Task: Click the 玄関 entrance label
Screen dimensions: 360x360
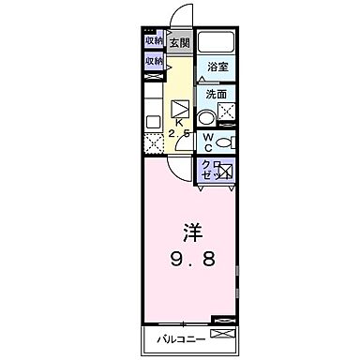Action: pos(179,44)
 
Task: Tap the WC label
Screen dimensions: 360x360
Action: pos(205,141)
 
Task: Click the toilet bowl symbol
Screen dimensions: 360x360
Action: pos(225,142)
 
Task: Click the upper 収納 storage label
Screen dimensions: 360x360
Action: pos(154,41)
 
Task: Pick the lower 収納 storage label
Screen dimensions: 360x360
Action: pos(154,61)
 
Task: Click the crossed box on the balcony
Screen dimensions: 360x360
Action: pos(220,334)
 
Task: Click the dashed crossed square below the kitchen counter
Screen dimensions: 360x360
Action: pos(155,144)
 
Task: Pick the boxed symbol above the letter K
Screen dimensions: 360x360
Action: pos(178,106)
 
